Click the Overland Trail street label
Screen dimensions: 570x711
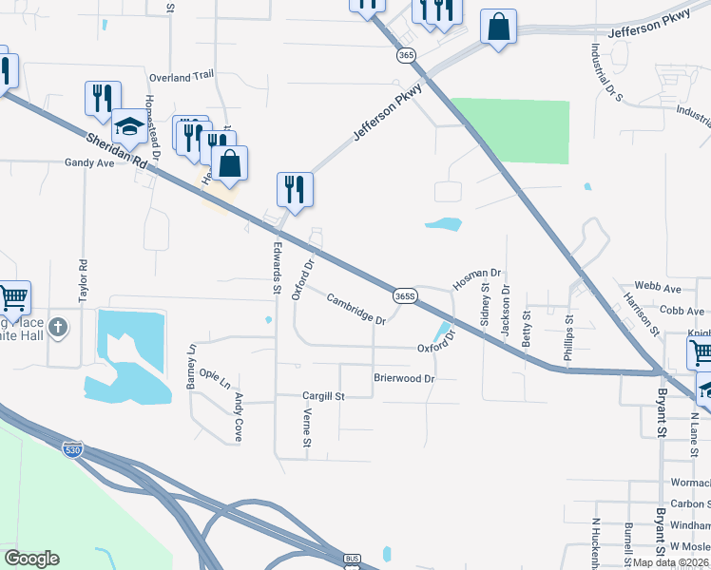pyautogui.click(x=182, y=75)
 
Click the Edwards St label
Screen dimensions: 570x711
pyautogui.click(x=277, y=264)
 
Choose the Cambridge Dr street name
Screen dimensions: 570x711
pyautogui.click(x=355, y=310)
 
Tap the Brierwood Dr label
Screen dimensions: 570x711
pyautogui.click(x=403, y=378)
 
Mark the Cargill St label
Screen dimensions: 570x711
pyautogui.click(x=322, y=395)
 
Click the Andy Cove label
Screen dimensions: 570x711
pyautogui.click(x=239, y=409)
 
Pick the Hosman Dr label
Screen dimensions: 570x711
pyautogui.click(x=476, y=278)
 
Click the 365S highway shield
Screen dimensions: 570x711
pyautogui.click(x=404, y=295)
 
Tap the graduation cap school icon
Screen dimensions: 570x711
pyautogui.click(x=128, y=126)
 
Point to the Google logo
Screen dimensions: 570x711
pyautogui.click(x=31, y=559)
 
